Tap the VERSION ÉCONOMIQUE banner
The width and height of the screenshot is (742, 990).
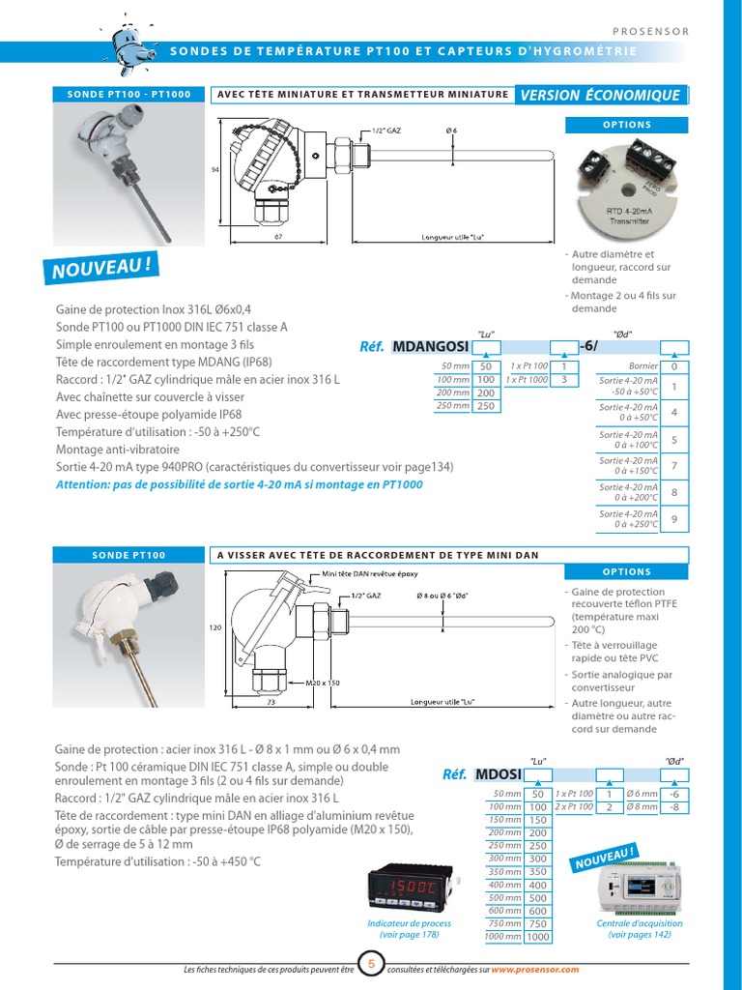tap(601, 95)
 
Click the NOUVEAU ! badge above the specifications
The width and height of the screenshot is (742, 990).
tap(100, 267)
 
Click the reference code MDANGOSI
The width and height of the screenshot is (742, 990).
tap(431, 347)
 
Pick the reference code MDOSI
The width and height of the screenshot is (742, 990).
tap(499, 774)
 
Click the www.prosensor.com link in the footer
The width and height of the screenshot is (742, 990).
tap(534, 969)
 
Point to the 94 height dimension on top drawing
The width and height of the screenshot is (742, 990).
tap(215, 170)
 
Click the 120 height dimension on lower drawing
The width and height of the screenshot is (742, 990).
tap(215, 627)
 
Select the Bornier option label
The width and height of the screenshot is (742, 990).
tap(642, 367)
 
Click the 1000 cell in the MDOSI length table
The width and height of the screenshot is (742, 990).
tap(537, 937)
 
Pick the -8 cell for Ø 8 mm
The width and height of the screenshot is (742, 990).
tap(675, 806)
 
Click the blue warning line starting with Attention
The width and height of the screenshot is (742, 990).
tap(240, 484)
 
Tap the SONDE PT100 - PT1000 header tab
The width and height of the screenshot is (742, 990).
tap(128, 95)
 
